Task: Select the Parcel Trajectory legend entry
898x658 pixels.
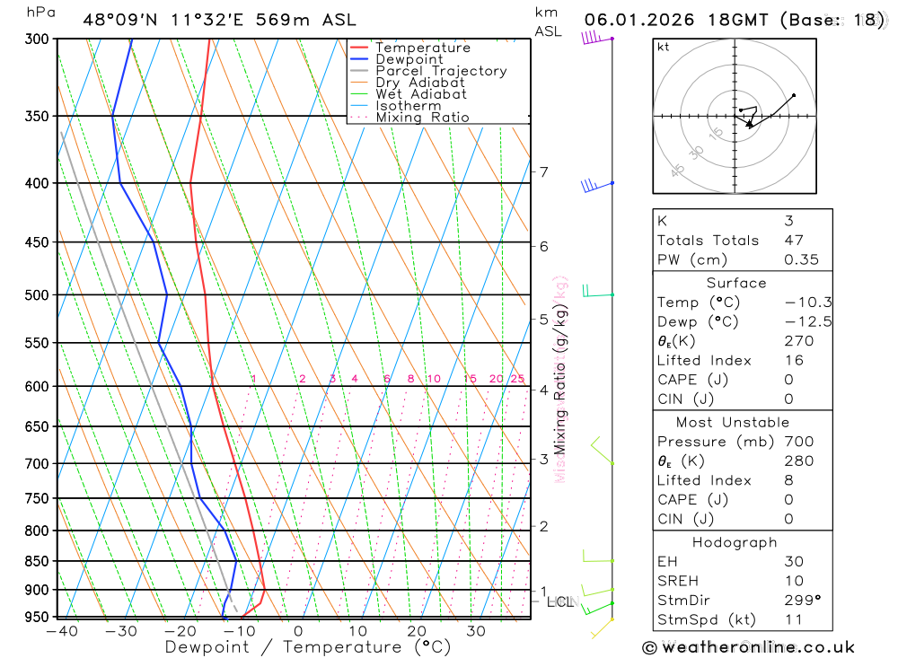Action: coord(441,71)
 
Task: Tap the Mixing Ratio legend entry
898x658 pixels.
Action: coord(422,117)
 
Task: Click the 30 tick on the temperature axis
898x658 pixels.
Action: coord(476,631)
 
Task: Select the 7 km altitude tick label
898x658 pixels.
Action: coord(543,171)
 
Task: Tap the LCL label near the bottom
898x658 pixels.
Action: coord(559,601)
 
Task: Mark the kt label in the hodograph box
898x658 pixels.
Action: coord(664,48)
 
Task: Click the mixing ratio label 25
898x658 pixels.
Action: coord(517,379)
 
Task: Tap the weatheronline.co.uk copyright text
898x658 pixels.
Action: coord(749,647)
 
